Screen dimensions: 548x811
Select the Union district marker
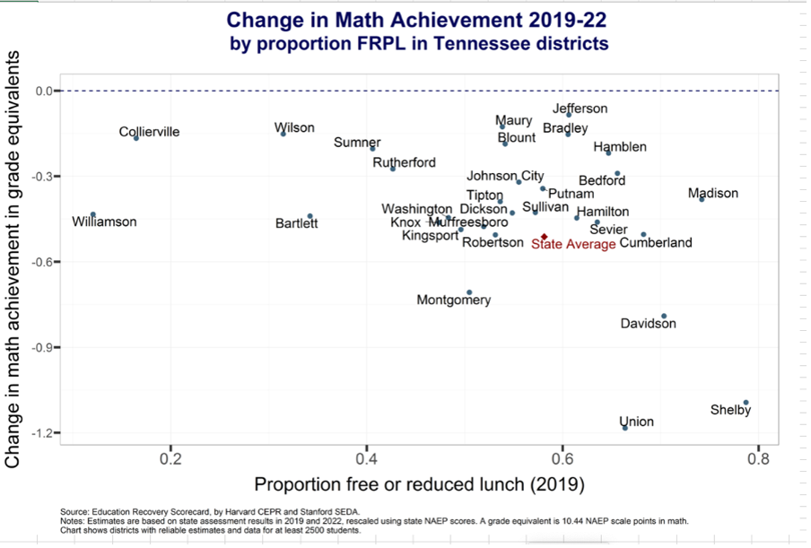tap(625, 428)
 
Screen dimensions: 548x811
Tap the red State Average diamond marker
tap(544, 237)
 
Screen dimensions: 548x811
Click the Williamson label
tap(105, 222)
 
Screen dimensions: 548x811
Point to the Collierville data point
tap(136, 138)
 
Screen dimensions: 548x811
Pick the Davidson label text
tap(648, 324)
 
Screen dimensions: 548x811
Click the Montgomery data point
tap(469, 292)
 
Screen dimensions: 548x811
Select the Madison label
tap(712, 194)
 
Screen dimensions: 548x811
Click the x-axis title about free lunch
tap(419, 485)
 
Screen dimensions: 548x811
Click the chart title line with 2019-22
tap(408, 20)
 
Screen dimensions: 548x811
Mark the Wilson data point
tap(283, 134)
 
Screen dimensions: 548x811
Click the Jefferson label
tap(580, 109)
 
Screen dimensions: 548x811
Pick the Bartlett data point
tap(310, 216)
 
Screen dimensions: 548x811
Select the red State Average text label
tap(573, 244)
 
